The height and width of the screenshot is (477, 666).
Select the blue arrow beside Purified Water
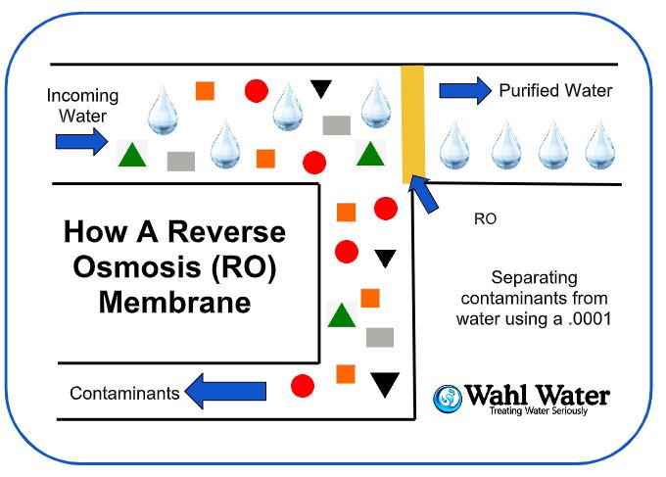[x=465, y=91]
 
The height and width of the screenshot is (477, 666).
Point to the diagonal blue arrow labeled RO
[x=425, y=192]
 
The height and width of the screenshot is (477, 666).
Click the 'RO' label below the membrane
[x=485, y=219]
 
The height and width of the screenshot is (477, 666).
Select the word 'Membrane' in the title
[x=174, y=301]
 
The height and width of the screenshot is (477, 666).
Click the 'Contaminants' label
[x=124, y=394]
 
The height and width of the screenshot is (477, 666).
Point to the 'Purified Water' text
[x=555, y=91]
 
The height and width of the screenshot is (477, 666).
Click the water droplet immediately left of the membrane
[x=376, y=105]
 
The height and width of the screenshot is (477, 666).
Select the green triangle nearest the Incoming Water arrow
[x=131, y=154]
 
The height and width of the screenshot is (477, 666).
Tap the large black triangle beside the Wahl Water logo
[x=385, y=384]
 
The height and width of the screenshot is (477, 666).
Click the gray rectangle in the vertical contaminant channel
[x=379, y=337]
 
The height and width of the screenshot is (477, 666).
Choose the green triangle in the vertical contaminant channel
[x=340, y=314]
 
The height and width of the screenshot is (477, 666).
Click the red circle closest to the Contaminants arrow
[x=303, y=385]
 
